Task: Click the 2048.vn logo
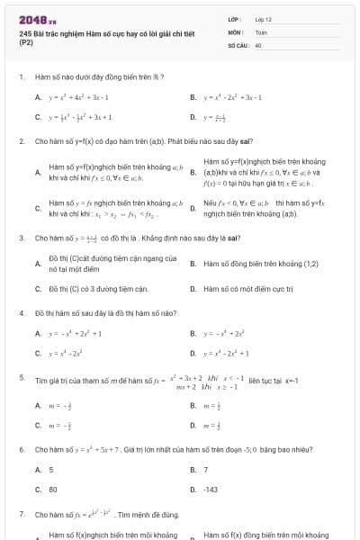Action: click(x=38, y=20)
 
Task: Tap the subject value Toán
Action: click(x=261, y=31)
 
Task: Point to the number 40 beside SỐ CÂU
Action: click(x=258, y=44)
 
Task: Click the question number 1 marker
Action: click(x=21, y=77)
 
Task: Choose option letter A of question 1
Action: click(x=38, y=97)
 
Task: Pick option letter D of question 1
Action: click(x=193, y=117)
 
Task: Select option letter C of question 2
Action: click(x=38, y=210)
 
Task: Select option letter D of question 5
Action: click(x=193, y=426)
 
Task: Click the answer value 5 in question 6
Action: click(x=51, y=470)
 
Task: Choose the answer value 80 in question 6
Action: click(x=53, y=490)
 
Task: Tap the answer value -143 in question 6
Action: click(x=211, y=490)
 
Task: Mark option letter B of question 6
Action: click(x=193, y=470)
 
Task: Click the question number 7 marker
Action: click(x=21, y=515)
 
